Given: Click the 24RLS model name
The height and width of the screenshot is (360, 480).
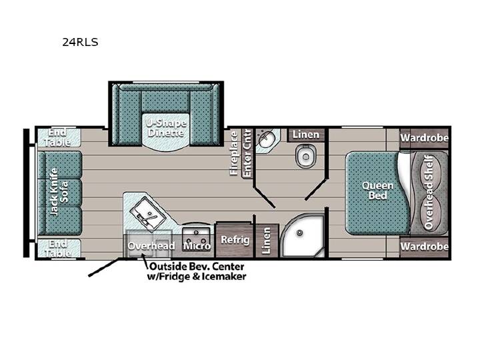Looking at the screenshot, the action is pyautogui.click(x=80, y=42).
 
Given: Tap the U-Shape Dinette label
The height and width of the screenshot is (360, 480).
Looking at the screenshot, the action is pyautogui.click(x=165, y=128).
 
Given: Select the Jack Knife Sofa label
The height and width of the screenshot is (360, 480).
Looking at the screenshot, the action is pyautogui.click(x=59, y=191).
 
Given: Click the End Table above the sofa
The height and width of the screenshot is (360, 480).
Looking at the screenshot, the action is pyautogui.click(x=59, y=137).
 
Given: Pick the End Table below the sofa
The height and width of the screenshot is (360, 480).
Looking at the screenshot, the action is pyautogui.click(x=59, y=248).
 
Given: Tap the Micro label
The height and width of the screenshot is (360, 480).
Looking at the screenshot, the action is pyautogui.click(x=197, y=245).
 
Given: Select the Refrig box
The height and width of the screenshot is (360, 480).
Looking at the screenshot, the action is pyautogui.click(x=235, y=240).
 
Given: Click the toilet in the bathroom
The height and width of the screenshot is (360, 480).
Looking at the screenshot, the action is pyautogui.click(x=305, y=155).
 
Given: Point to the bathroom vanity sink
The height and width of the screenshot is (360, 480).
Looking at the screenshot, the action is pyautogui.click(x=266, y=139).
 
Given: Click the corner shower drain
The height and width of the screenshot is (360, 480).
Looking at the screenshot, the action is pyautogui.click(x=300, y=233).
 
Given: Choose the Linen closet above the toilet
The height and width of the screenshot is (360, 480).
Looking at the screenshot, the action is pyautogui.click(x=306, y=135).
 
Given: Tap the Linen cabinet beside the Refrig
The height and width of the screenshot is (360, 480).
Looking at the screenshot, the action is pyautogui.click(x=266, y=241).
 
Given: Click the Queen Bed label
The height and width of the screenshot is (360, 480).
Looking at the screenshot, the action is pyautogui.click(x=377, y=190).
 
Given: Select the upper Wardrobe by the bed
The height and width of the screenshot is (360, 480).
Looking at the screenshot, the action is pyautogui.click(x=424, y=138).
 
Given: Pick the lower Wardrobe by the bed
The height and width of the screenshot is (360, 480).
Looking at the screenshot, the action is pyautogui.click(x=424, y=247).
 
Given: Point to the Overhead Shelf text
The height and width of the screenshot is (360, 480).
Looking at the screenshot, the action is pyautogui.click(x=429, y=192).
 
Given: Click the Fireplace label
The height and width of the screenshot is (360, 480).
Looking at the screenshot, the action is pyautogui.click(x=234, y=153).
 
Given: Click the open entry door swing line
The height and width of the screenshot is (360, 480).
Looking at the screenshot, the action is pyautogui.click(x=104, y=267).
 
